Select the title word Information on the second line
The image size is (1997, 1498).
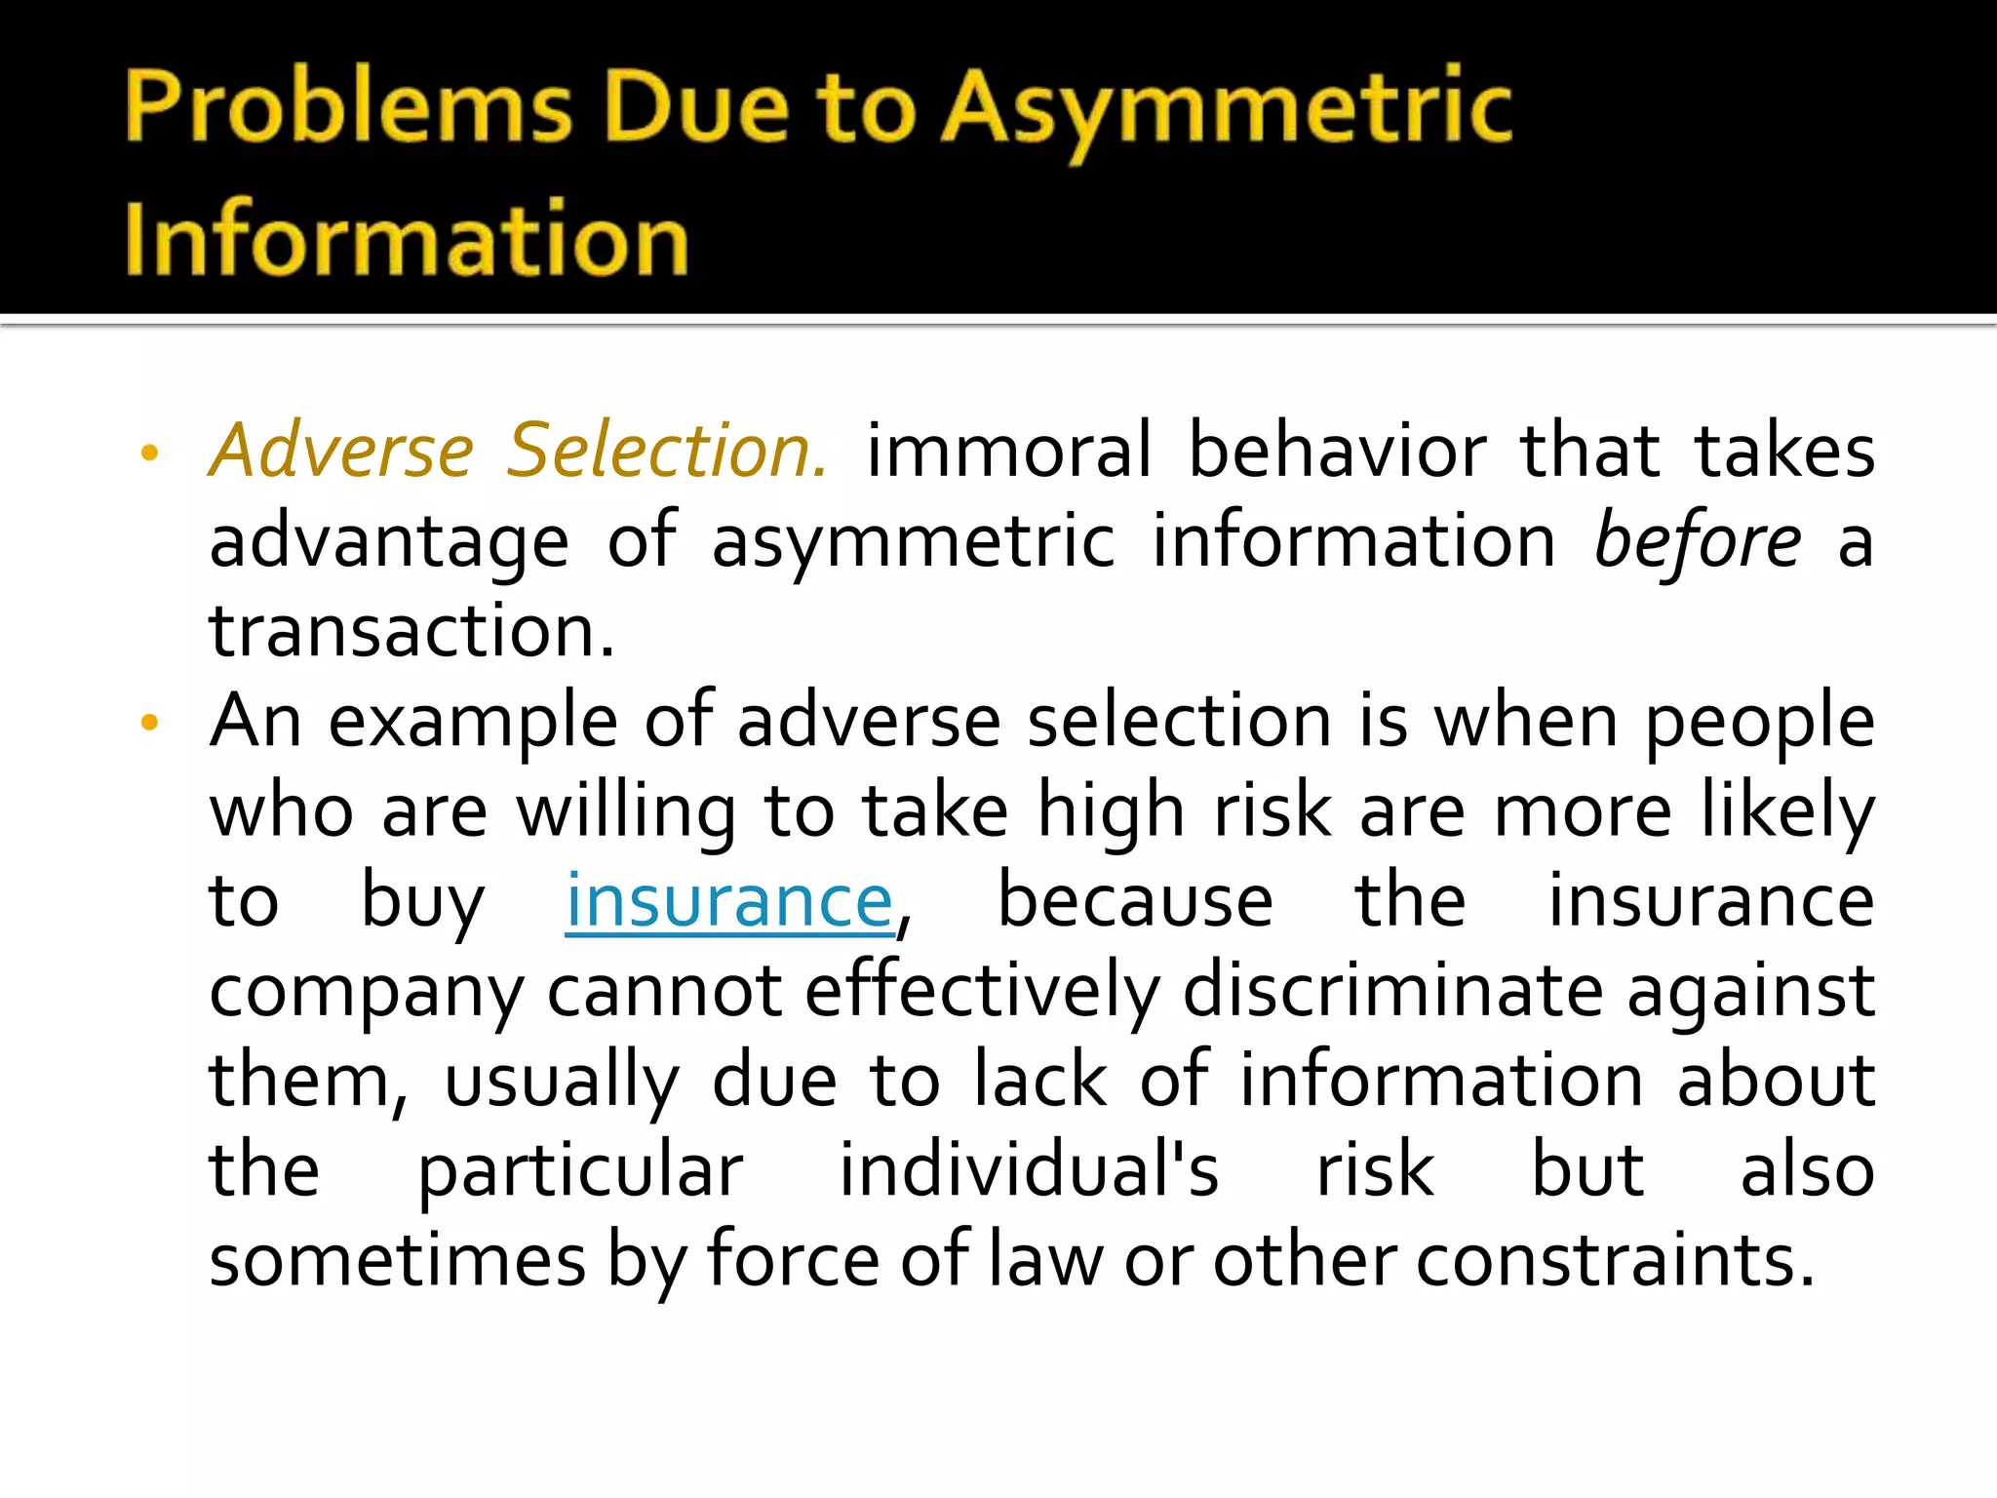[407, 240]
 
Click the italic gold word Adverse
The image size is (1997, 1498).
[342, 452]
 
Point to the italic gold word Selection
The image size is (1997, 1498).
[668, 452]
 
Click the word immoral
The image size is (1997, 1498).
[1009, 452]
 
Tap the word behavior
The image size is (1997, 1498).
[1337, 452]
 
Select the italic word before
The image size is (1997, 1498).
[1697, 542]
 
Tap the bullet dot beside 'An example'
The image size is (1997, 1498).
[149, 723]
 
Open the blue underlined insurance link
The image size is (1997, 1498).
[729, 901]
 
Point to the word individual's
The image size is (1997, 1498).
[1029, 1170]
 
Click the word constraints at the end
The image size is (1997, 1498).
[1615, 1261]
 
